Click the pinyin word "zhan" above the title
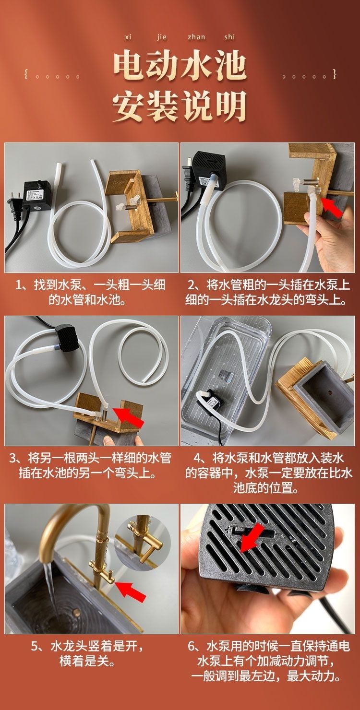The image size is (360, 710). click(x=196, y=37)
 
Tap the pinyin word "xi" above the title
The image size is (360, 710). click(x=128, y=37)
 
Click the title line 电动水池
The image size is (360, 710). click(x=180, y=67)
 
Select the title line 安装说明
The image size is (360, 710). click(x=180, y=106)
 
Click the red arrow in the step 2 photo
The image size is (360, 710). click(x=332, y=207)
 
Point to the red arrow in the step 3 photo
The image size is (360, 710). click(x=129, y=418)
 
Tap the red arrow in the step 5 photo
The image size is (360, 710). click(x=130, y=591)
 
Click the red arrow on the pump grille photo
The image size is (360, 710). click(x=252, y=537)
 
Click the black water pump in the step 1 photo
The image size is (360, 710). click(x=37, y=196)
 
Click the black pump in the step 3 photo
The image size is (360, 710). click(x=67, y=338)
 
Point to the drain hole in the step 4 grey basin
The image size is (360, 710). click(x=331, y=394)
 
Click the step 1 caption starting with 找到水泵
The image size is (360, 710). click(x=90, y=292)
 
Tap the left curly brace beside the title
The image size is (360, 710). click(x=26, y=75)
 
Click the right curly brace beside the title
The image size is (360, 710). click(x=334, y=74)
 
